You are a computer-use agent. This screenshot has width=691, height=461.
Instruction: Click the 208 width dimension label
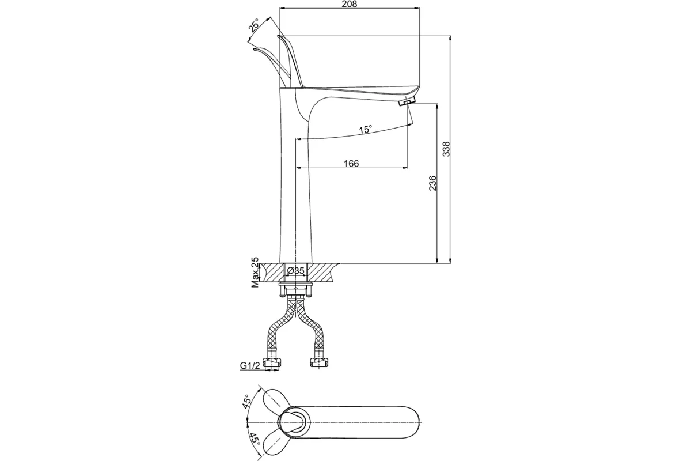[350, 4]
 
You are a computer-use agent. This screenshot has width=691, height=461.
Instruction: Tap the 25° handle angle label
[254, 25]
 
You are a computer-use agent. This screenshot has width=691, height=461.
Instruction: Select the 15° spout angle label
[365, 129]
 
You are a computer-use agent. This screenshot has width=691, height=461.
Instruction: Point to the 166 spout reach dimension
[351, 163]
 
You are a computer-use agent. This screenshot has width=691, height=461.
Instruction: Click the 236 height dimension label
[433, 183]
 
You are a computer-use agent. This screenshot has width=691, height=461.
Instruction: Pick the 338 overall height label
[446, 149]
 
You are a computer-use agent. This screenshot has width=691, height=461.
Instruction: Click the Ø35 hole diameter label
[295, 271]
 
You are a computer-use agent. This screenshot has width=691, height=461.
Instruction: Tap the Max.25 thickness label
[255, 273]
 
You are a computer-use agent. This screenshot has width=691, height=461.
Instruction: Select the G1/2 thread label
[250, 365]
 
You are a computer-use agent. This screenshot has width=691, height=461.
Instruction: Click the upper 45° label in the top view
[246, 402]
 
